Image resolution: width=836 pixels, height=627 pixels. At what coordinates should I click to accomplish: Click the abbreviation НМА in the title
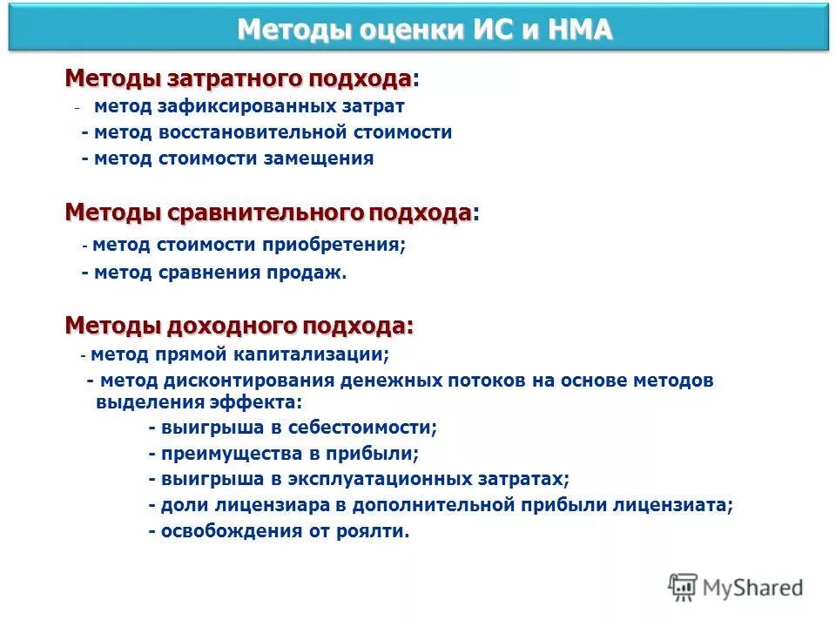point(581,30)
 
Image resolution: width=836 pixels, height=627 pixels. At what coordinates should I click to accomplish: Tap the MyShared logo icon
point(683,587)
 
